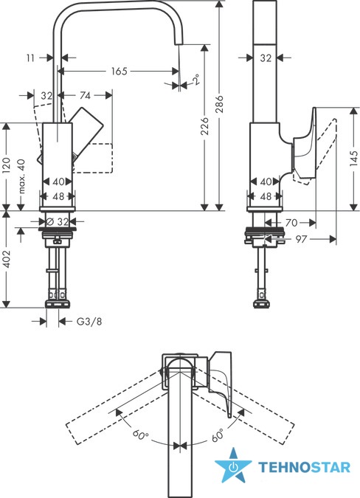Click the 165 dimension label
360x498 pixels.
(x=119, y=71)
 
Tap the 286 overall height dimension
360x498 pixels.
(x=219, y=103)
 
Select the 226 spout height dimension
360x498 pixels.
(x=205, y=125)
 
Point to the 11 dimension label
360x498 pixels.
(x=30, y=58)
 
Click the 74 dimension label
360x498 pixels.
(x=85, y=95)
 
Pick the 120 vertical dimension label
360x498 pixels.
(x=7, y=165)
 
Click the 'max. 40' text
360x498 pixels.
(x=21, y=176)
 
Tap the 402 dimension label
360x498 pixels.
(x=7, y=259)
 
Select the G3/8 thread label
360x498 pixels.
(x=89, y=322)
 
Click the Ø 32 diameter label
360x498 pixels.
(x=58, y=221)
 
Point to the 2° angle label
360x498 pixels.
(x=196, y=79)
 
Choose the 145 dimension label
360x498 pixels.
(x=354, y=158)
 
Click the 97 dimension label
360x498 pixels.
(x=301, y=239)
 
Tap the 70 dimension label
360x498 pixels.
(x=291, y=223)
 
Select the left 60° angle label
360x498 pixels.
(x=140, y=434)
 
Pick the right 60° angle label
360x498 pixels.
(x=218, y=435)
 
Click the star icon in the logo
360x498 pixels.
(x=233, y=465)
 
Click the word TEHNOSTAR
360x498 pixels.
(x=304, y=467)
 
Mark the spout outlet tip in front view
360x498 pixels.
(x=179, y=44)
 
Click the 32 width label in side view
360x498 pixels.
(x=266, y=58)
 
